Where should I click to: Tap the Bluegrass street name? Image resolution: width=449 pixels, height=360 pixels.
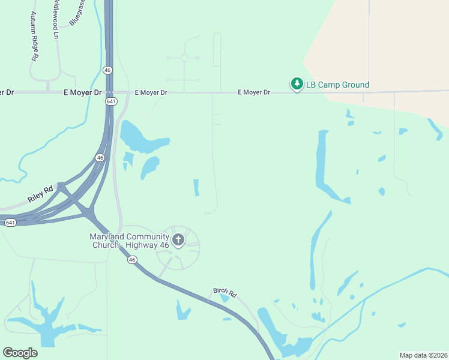click(x=77, y=13)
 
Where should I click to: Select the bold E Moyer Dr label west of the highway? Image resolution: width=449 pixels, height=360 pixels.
click(x=83, y=92)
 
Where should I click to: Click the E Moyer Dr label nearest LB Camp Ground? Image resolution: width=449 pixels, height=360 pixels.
click(x=254, y=92)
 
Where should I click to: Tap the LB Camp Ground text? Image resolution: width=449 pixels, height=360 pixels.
click(x=337, y=85)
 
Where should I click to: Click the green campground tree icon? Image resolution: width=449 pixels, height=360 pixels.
click(x=297, y=84)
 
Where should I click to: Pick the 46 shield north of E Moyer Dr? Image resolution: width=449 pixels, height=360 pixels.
click(x=107, y=70)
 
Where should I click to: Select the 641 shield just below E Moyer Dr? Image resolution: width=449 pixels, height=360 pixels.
click(x=110, y=101)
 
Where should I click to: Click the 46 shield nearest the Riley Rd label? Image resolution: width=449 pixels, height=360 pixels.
click(x=100, y=158)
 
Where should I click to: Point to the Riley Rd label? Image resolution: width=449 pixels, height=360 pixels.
click(x=40, y=193)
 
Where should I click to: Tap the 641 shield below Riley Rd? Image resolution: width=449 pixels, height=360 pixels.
click(x=10, y=223)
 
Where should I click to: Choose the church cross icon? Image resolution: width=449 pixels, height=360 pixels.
click(x=178, y=241)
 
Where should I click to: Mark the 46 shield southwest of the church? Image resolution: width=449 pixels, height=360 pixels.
click(x=132, y=260)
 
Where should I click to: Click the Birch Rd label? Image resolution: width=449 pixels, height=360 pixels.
click(x=225, y=292)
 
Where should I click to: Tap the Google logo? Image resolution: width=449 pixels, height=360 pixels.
click(x=20, y=353)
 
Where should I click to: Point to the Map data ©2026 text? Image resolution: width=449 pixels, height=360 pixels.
click(x=423, y=355)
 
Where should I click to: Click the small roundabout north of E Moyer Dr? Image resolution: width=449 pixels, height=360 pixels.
click(x=184, y=58)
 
